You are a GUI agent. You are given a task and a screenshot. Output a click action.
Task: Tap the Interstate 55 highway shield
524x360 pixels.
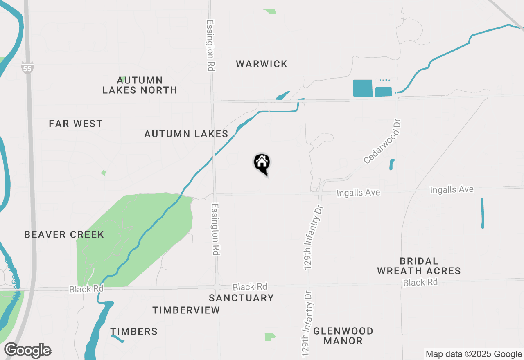point(27,68)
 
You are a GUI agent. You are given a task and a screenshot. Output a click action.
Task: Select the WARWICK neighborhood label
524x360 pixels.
point(262,64)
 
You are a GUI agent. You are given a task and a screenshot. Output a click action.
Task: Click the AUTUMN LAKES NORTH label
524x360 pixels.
point(140,85)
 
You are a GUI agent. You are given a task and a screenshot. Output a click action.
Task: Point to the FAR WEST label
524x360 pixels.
point(76,124)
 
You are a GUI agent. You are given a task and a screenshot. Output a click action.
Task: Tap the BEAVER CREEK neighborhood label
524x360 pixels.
point(64,235)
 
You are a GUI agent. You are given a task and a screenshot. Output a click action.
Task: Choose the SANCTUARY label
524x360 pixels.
point(241,298)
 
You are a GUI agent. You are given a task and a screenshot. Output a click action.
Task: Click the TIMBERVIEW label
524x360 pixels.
point(186,310)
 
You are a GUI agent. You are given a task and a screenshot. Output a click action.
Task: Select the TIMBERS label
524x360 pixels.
point(134,332)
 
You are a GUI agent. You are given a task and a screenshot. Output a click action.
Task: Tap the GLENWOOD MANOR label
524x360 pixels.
point(343,336)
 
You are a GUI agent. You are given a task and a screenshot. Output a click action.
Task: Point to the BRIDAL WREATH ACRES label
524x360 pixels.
point(419,266)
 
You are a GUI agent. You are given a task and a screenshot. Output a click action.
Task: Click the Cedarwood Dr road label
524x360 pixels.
point(382,142)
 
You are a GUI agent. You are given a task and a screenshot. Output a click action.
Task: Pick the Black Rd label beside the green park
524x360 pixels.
point(86,289)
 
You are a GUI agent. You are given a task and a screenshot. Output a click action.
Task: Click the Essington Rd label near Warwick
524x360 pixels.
point(210,46)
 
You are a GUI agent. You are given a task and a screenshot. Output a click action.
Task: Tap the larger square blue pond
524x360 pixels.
point(363,88)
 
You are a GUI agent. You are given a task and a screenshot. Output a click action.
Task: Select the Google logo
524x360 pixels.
point(28,351)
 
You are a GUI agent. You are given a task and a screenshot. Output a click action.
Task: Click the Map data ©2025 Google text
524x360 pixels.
point(474,354)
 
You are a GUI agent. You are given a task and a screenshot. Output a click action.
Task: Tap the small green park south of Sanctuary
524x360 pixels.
point(269,337)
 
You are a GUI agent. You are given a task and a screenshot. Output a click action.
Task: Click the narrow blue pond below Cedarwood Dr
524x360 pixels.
point(392,164)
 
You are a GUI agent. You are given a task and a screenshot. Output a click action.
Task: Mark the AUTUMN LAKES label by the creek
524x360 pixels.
point(186,134)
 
